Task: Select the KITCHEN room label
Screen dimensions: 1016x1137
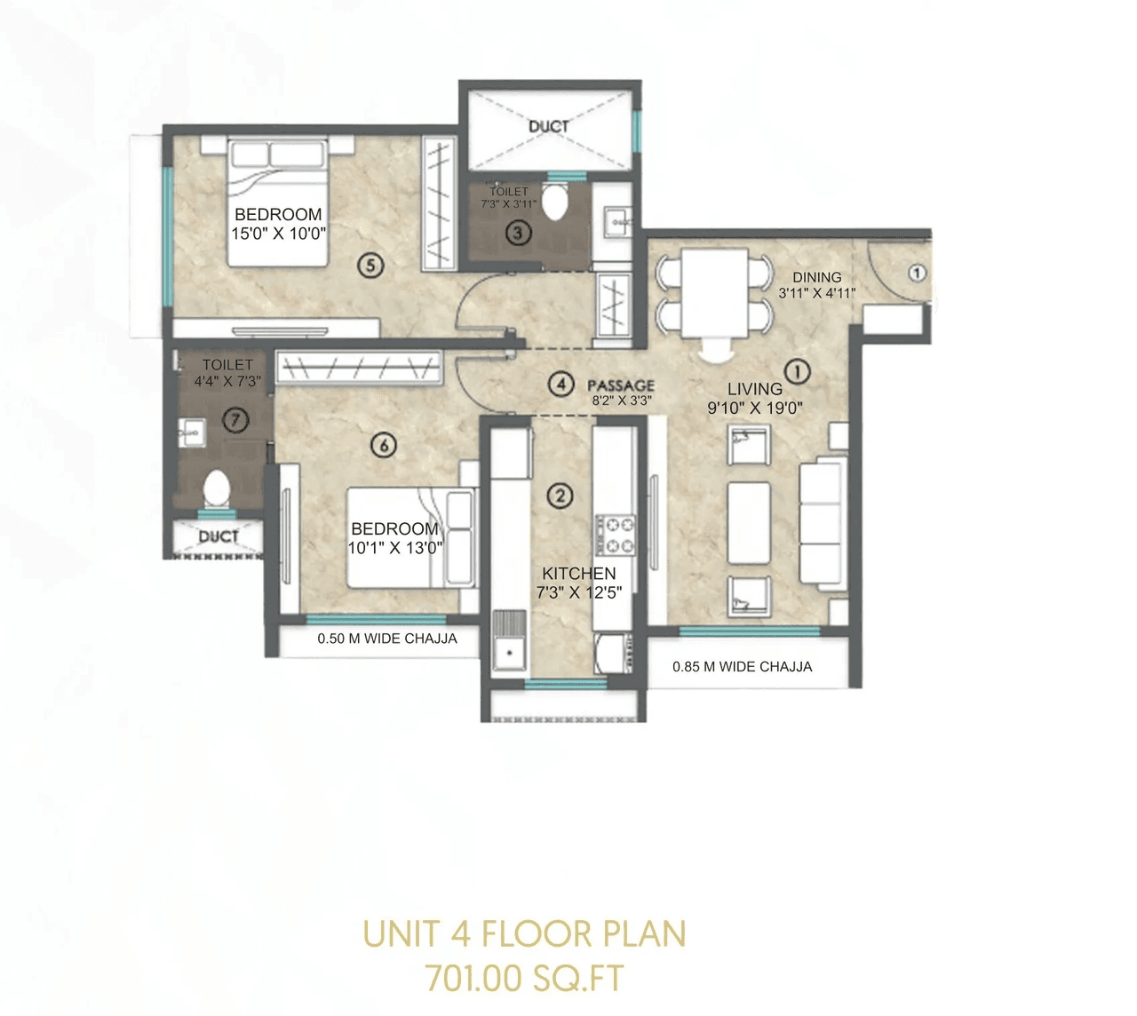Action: click(x=578, y=574)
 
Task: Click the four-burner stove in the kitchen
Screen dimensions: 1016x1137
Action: click(x=615, y=536)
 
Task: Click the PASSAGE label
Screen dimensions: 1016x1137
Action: click(x=621, y=385)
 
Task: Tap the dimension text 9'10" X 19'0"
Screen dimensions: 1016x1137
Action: click(x=755, y=409)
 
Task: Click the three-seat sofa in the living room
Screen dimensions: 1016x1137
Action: click(x=820, y=524)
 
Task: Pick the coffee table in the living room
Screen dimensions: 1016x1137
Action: click(x=749, y=522)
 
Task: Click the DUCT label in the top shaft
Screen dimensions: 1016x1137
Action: click(x=548, y=126)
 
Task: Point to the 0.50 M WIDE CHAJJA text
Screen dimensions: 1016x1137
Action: click(x=387, y=639)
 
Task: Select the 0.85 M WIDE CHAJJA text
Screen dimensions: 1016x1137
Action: click(x=742, y=666)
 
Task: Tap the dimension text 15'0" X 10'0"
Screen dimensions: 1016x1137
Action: click(x=279, y=234)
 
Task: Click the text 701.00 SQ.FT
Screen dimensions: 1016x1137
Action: click(x=524, y=979)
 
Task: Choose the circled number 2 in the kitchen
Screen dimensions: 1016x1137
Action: click(x=560, y=496)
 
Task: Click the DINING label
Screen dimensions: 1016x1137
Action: click(x=816, y=277)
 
